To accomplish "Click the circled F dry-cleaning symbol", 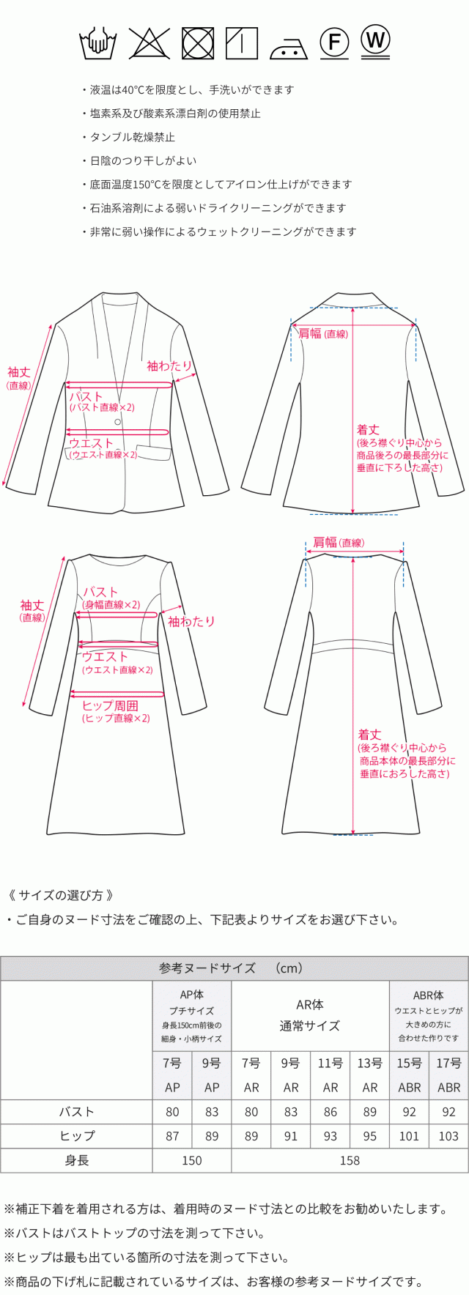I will (x=334, y=42).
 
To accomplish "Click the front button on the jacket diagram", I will (x=117, y=423).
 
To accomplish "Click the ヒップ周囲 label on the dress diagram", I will (x=110, y=705).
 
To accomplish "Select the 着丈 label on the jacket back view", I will (x=368, y=430).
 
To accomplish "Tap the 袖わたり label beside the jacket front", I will (x=169, y=366).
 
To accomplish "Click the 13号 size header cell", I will (x=370, y=1063).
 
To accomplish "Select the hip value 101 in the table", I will (x=409, y=1135).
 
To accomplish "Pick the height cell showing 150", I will (x=192, y=1160).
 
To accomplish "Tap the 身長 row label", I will (x=77, y=1160).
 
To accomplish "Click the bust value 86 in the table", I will (x=330, y=1111).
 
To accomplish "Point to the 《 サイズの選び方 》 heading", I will (x=60, y=895).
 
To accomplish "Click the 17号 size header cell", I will (x=448, y=1063).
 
